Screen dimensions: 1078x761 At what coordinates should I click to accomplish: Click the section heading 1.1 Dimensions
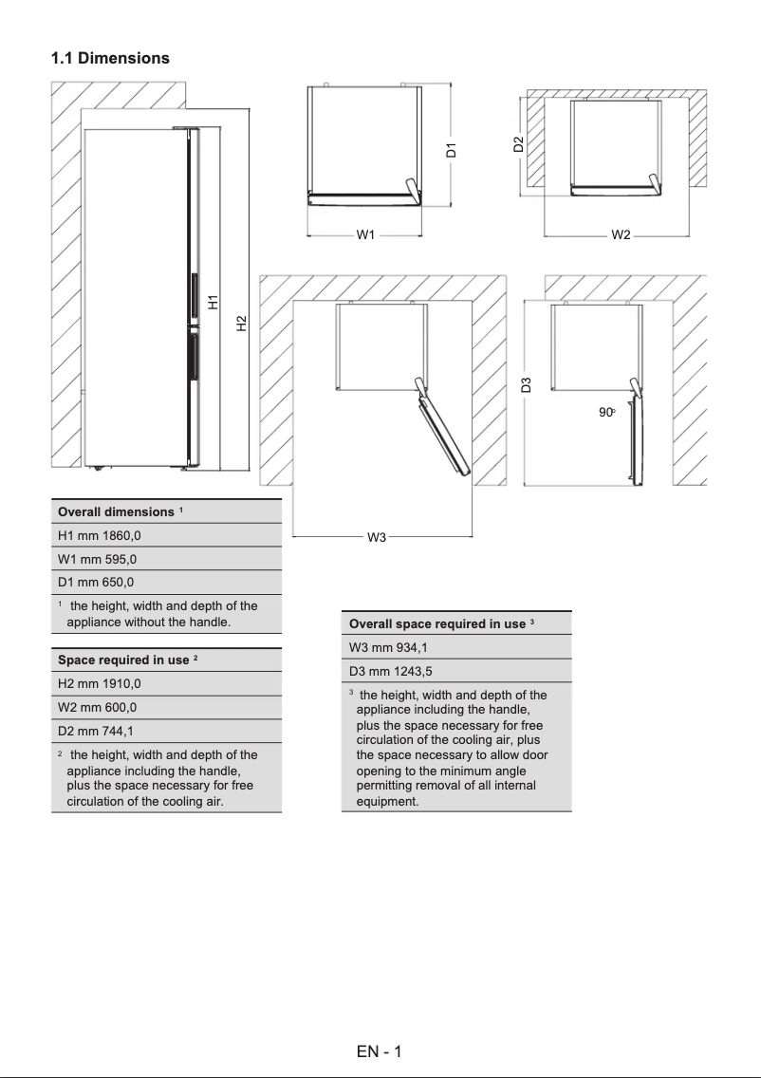[x=110, y=58]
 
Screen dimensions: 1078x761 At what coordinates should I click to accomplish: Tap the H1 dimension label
[x=213, y=302]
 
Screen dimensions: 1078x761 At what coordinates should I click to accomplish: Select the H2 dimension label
[x=241, y=324]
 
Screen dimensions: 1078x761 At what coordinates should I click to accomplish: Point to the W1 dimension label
[x=366, y=233]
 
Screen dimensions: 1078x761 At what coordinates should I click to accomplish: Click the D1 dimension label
[x=452, y=149]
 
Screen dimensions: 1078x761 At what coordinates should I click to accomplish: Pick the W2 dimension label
[x=621, y=233]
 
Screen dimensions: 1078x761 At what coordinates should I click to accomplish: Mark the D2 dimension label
[x=518, y=144]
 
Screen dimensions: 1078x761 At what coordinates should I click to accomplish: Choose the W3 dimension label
[x=377, y=538]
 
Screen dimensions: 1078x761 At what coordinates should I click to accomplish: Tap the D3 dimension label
[x=526, y=384]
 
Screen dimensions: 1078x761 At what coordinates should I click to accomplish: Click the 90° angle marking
[x=607, y=413]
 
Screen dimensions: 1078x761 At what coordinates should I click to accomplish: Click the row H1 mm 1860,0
[x=100, y=535]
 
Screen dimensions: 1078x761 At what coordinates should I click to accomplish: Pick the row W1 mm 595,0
[x=97, y=559]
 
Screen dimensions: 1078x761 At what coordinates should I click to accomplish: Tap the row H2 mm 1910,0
[x=100, y=683]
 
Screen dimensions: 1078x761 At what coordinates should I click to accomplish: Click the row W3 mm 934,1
[x=387, y=647]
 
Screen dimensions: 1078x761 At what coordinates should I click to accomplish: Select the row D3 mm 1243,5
[x=391, y=671]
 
